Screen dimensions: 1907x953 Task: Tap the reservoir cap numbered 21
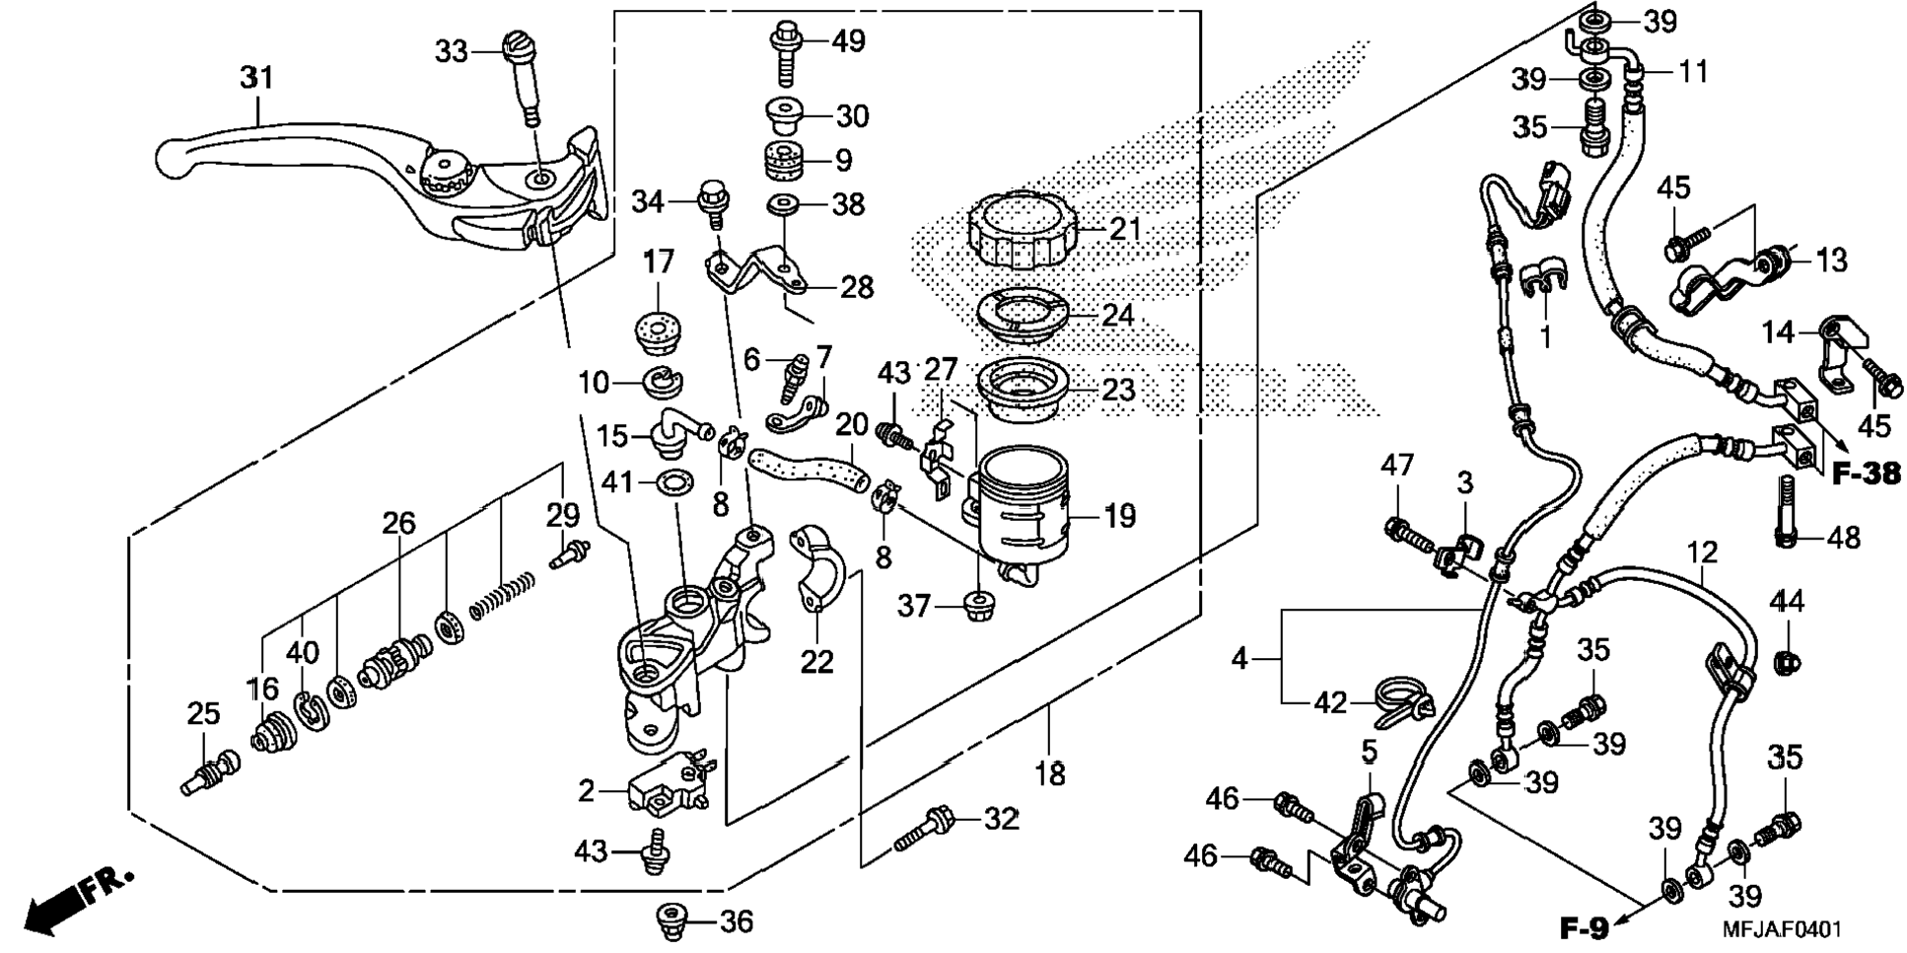[x=1021, y=230]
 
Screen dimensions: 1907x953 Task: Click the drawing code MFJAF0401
[x=1781, y=929]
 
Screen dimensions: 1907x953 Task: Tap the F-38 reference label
[x=1866, y=475]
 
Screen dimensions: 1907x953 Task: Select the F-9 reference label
[x=1585, y=927]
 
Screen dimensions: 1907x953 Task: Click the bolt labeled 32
[x=925, y=830]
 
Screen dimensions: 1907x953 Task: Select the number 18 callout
[x=1050, y=773]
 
